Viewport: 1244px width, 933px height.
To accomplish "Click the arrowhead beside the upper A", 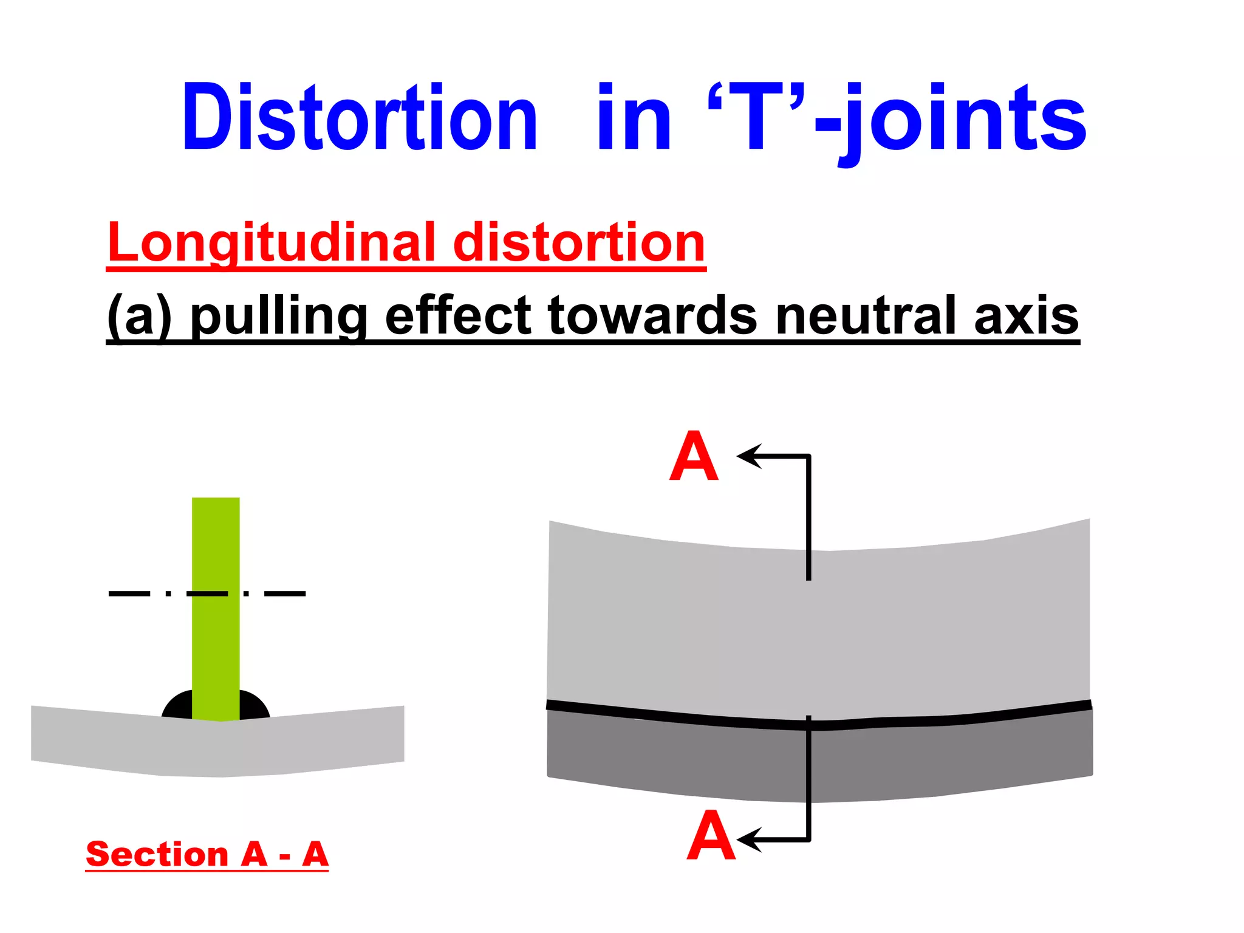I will [x=750, y=456].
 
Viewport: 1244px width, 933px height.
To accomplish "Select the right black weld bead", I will [x=254, y=706].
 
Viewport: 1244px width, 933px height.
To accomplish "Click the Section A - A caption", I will [x=207, y=855].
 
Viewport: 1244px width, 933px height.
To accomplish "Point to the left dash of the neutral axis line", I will [x=129, y=593].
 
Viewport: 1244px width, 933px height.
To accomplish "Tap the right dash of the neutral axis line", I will [x=285, y=593].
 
